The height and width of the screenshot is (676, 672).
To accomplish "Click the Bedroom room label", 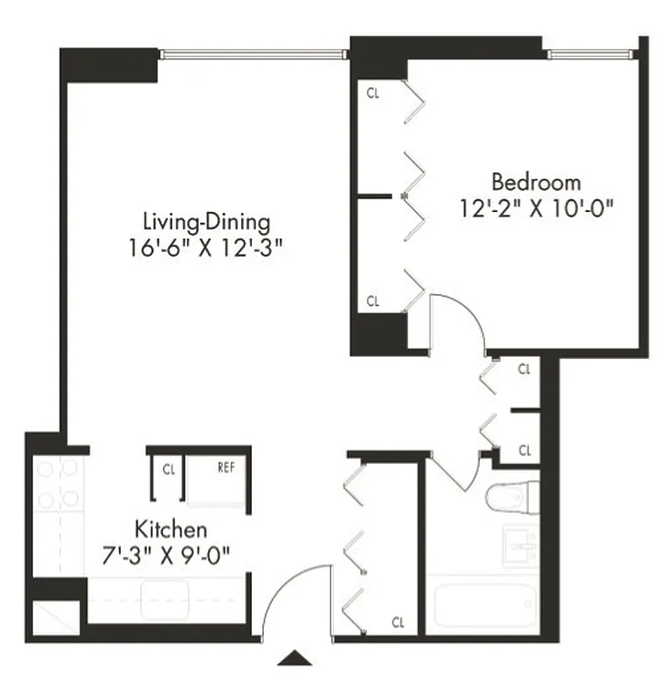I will (537, 182).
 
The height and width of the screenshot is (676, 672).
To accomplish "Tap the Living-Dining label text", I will (206, 222).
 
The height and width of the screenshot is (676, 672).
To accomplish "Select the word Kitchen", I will (171, 531).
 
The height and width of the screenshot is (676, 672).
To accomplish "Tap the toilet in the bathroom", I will (512, 498).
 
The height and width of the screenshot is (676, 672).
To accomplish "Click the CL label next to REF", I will (168, 467).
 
